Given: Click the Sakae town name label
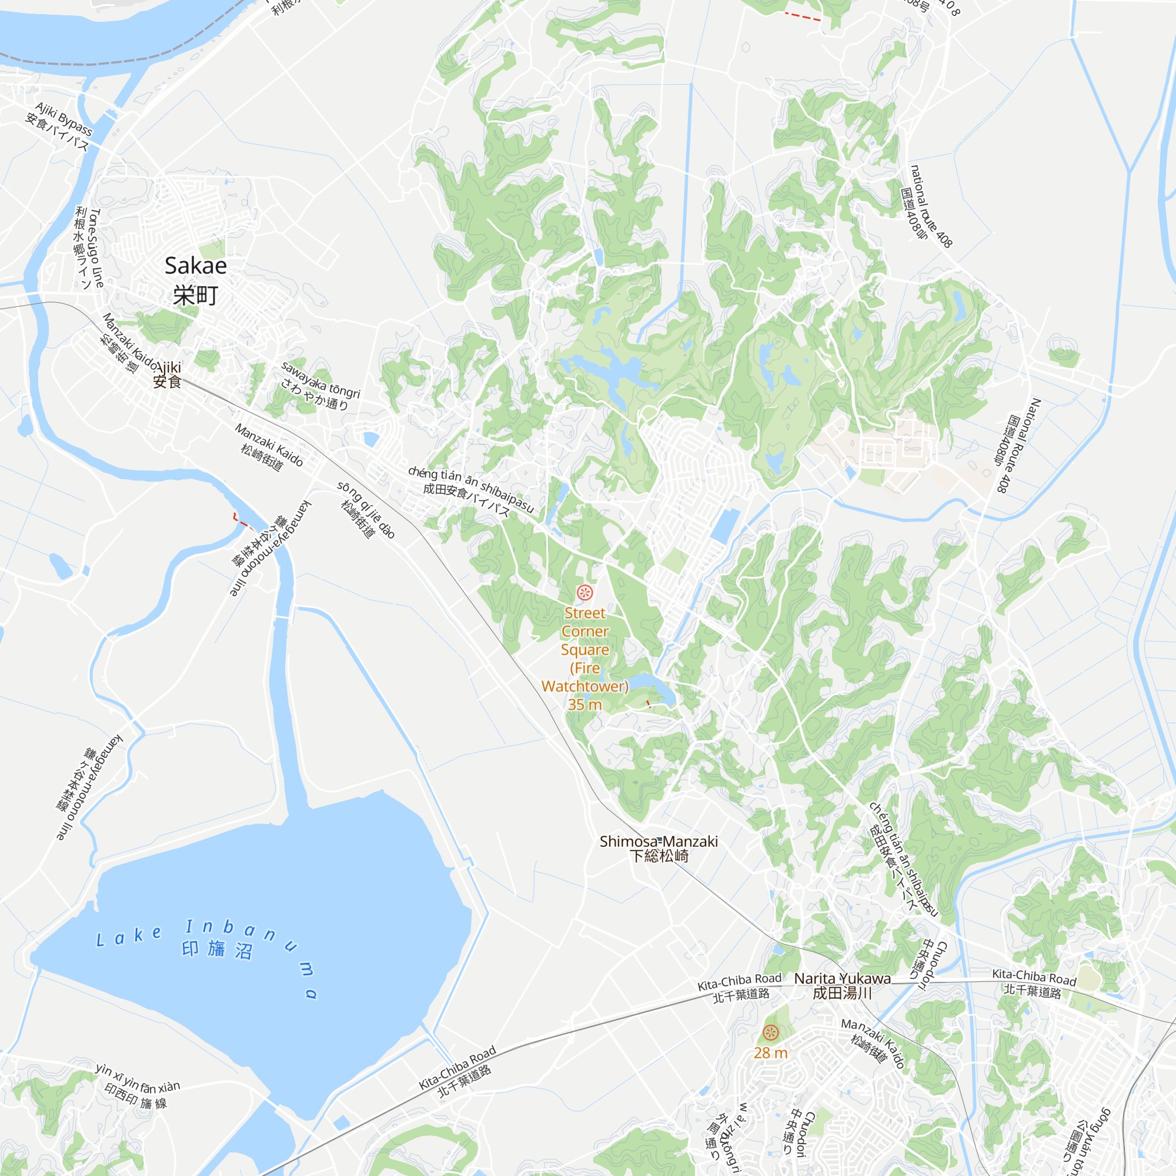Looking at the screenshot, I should (195, 266).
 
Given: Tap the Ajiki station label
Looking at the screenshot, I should (168, 367).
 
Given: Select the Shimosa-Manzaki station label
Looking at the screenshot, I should (659, 842).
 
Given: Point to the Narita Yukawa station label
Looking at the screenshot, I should (842, 979).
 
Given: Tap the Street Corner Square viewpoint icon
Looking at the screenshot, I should (584, 592).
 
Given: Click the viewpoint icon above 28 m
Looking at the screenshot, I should (771, 1033).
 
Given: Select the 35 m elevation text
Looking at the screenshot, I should (584, 705).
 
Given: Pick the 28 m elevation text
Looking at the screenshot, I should (771, 1053).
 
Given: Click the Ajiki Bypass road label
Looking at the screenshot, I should (64, 119).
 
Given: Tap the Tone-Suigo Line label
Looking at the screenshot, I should (96, 248).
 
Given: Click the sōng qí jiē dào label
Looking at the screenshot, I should (367, 509).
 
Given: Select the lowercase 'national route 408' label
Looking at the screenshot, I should (931, 206).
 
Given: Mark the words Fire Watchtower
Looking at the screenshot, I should (584, 677).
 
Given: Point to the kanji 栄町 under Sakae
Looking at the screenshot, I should (195, 296).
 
